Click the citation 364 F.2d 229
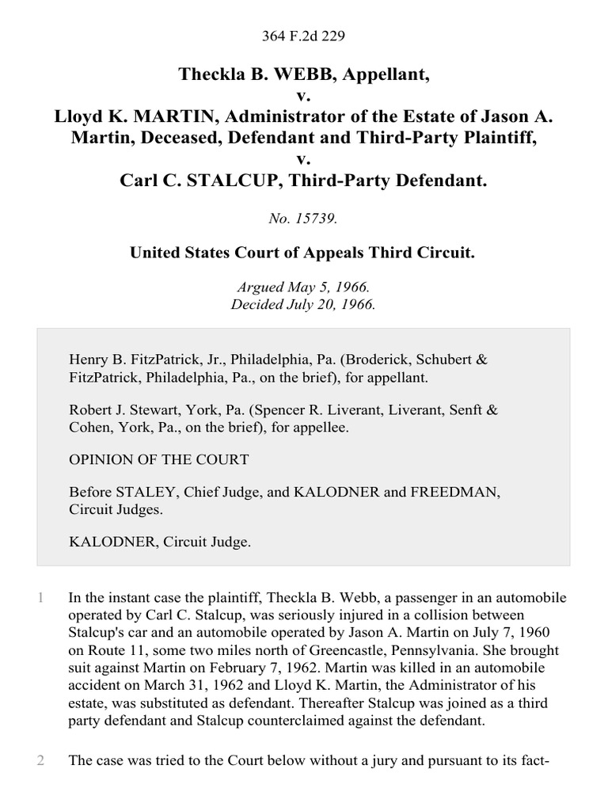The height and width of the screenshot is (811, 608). [304, 37]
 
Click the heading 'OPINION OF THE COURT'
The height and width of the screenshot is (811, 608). [159, 459]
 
